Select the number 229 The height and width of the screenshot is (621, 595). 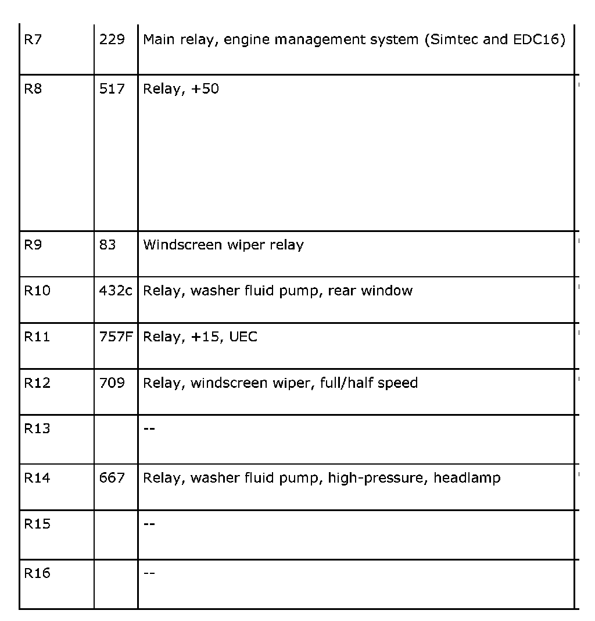point(112,41)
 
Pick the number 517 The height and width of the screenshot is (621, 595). point(112,90)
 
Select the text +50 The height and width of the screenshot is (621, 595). point(205,90)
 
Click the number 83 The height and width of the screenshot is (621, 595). point(107,245)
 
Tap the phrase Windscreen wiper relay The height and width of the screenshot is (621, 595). point(223,245)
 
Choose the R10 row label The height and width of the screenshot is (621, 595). point(37,291)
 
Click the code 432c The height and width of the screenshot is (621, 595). point(116,291)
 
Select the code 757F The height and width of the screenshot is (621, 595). point(116,337)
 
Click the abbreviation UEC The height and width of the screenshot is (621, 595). point(243,337)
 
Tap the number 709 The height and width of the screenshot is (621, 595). point(112,383)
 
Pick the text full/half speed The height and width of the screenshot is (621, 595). point(368,383)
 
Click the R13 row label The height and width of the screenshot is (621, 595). point(37,429)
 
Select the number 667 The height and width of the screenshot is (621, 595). point(112,478)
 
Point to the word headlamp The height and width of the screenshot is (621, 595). point(467,478)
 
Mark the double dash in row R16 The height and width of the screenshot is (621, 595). point(149,573)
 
